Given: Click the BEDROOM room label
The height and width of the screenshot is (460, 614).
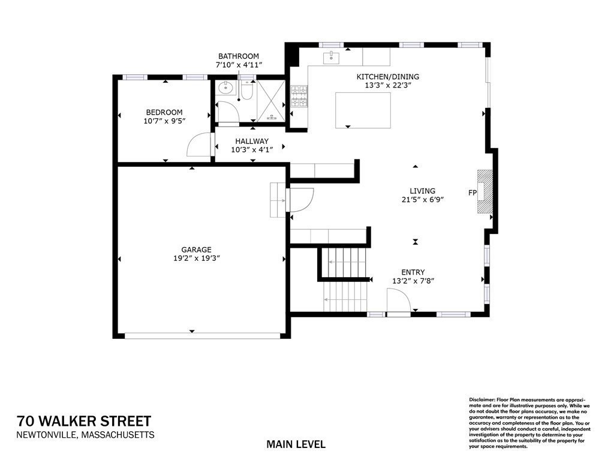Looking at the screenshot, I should click(x=164, y=112).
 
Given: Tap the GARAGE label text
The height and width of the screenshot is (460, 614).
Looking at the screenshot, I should click(x=197, y=249).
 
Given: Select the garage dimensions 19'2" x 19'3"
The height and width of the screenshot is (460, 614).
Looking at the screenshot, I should click(x=197, y=258).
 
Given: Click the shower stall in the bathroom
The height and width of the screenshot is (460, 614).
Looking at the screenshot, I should click(x=271, y=102).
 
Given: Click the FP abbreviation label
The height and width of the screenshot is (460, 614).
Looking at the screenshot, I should click(x=472, y=193).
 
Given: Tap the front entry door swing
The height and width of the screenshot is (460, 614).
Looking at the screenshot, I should click(x=398, y=300).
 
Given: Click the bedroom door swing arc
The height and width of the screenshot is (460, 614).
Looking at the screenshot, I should click(x=200, y=145).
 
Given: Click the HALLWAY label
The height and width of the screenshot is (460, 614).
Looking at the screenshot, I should click(x=252, y=141).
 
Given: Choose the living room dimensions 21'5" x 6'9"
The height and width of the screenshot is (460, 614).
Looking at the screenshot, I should click(x=423, y=200).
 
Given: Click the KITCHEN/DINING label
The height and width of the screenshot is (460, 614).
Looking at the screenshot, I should click(x=388, y=76).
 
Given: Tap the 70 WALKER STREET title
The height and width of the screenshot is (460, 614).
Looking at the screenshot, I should click(x=84, y=421).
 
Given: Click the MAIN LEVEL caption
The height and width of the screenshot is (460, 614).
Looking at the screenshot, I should click(x=296, y=444).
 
